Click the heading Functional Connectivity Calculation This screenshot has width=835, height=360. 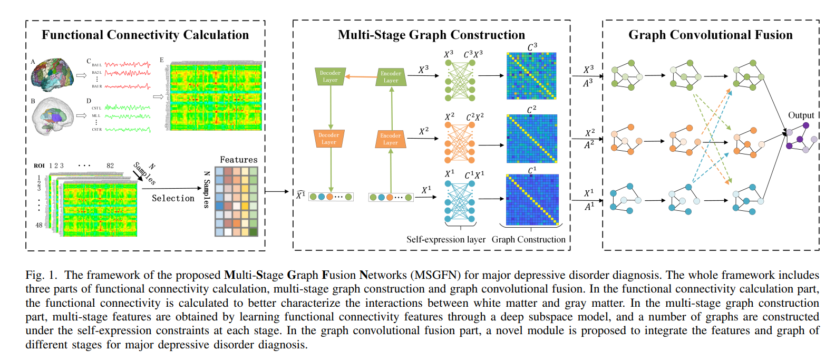pyautogui.click(x=145, y=35)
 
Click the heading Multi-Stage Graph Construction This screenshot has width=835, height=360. pyautogui.click(x=431, y=35)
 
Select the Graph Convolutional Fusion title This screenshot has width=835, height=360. pyautogui.click(x=710, y=35)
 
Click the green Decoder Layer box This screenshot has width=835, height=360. pyautogui.click(x=330, y=76)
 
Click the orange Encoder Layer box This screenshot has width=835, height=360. pyautogui.click(x=391, y=139)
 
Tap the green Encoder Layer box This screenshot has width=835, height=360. pyautogui.click(x=391, y=77)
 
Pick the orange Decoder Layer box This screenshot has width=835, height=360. pyautogui.click(x=329, y=139)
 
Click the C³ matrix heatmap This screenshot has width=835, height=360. pyautogui.click(x=531, y=76)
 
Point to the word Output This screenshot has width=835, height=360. pyautogui.click(x=801, y=115)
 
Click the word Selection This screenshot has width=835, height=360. pyautogui.click(x=173, y=198)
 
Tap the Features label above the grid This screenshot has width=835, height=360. pyautogui.click(x=238, y=160)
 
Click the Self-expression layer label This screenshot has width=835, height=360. pyautogui.click(x=445, y=239)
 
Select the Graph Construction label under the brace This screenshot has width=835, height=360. pyautogui.click(x=528, y=239)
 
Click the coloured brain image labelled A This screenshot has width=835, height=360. pyautogui.click(x=52, y=74)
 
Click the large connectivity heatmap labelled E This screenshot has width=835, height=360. pyautogui.click(x=216, y=95)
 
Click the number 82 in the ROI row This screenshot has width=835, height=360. pyautogui.click(x=110, y=166)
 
